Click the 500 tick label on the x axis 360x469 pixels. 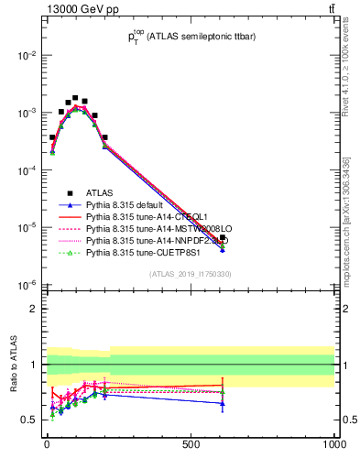click(x=191, y=445)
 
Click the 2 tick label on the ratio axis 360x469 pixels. click(x=33, y=309)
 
